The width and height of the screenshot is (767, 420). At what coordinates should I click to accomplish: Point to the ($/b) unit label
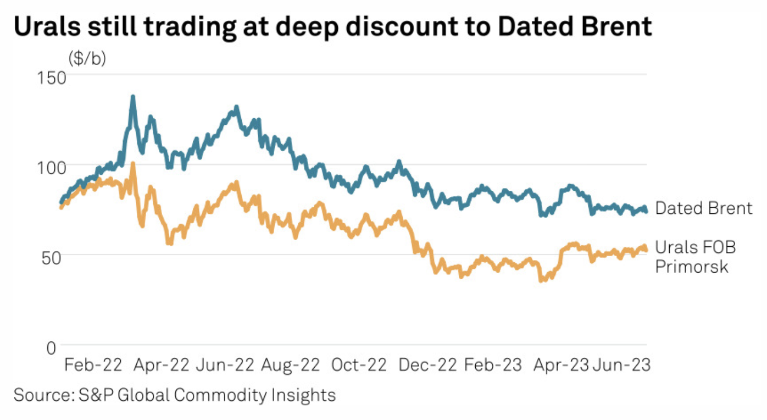click(x=87, y=59)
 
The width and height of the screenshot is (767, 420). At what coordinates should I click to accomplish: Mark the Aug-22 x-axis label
click(x=290, y=365)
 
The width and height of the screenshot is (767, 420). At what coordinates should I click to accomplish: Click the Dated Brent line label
click(x=704, y=208)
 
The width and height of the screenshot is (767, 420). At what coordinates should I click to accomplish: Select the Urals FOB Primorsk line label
click(x=696, y=257)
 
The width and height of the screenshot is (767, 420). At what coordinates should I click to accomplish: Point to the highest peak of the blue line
click(x=132, y=97)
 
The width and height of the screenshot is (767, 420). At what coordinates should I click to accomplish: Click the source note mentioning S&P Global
click(x=174, y=395)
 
